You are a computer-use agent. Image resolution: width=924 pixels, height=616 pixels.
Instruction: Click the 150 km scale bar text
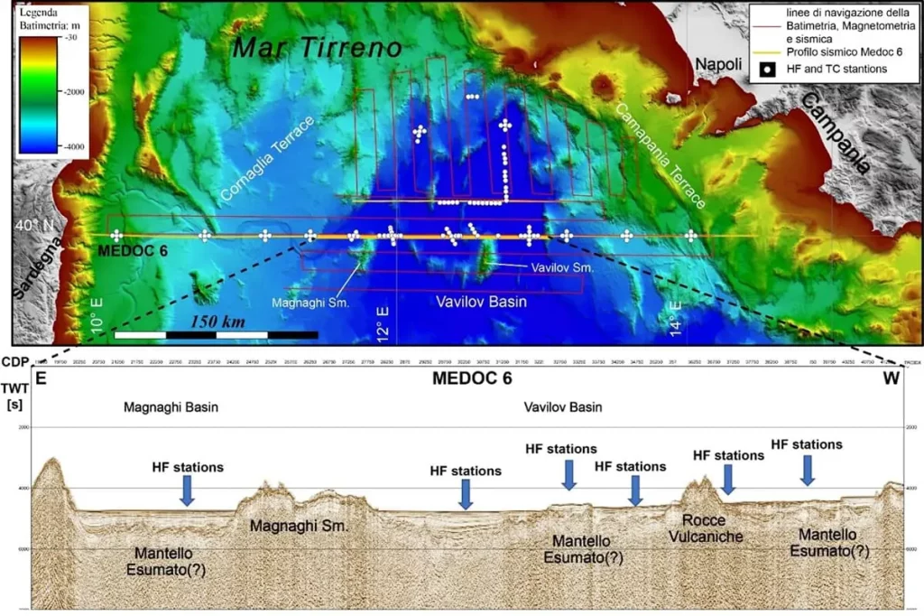(223, 322)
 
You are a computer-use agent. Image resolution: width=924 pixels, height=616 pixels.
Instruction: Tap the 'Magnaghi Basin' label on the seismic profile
(171, 407)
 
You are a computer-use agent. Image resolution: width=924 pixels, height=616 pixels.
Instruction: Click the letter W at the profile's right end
(891, 379)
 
